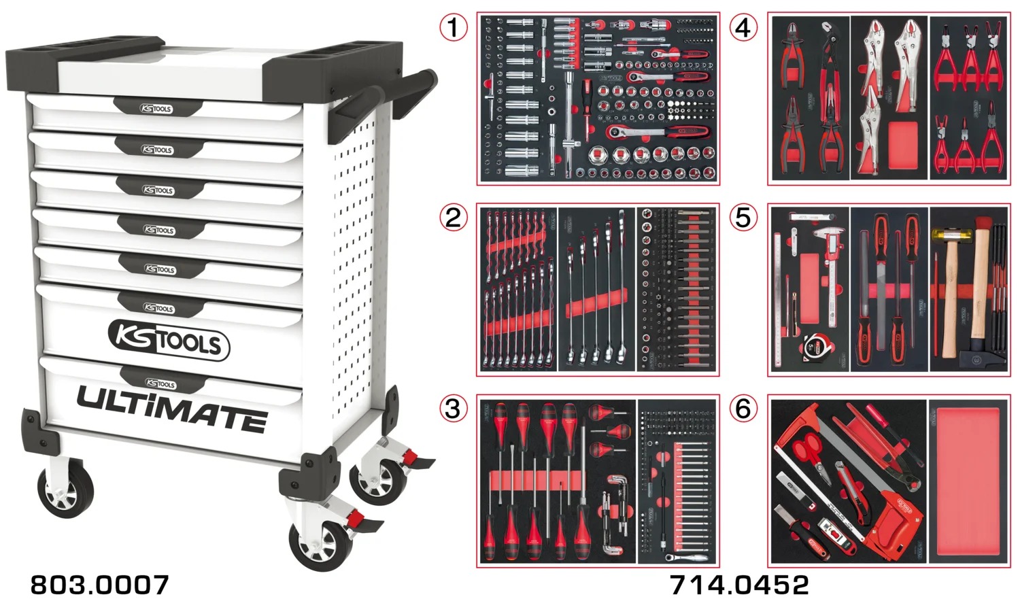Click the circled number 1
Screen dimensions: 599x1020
click(x=454, y=28)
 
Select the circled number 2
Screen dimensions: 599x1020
click(x=454, y=218)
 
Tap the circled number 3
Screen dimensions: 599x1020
click(x=454, y=409)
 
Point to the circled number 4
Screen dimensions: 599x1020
click(x=743, y=28)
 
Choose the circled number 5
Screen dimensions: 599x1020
click(x=743, y=218)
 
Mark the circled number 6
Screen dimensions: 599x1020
click(x=743, y=409)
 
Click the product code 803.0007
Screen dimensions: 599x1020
click(x=99, y=585)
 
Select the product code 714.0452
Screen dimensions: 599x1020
click(x=739, y=585)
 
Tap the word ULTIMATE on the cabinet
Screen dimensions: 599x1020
click(x=171, y=409)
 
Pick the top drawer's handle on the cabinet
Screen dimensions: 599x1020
click(x=157, y=107)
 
